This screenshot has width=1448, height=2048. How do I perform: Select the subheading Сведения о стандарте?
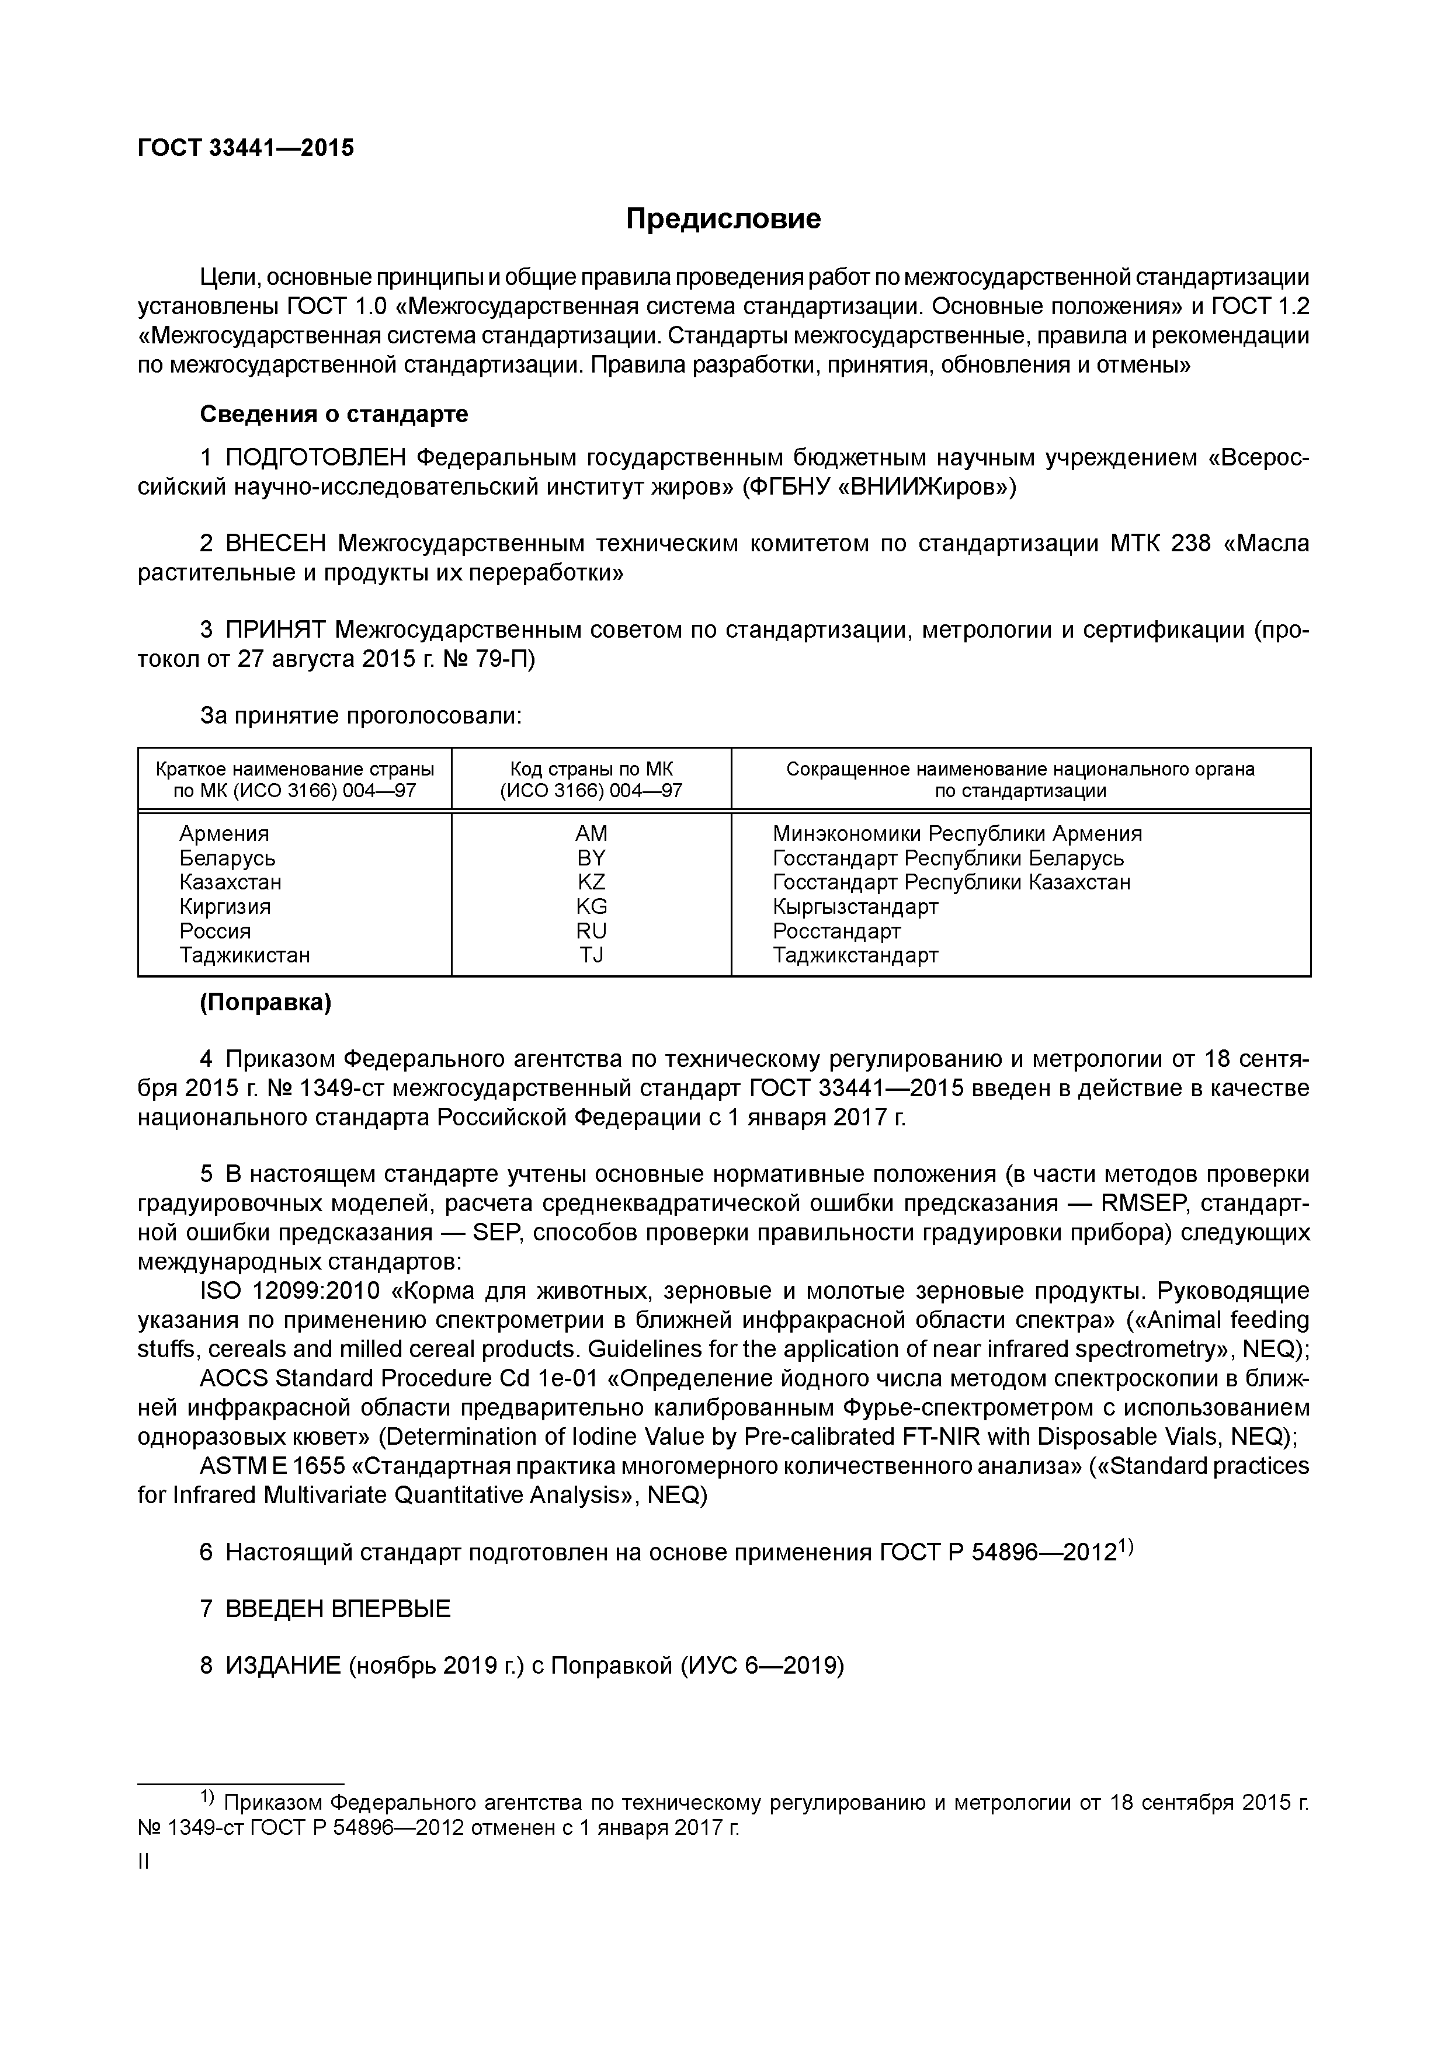pyautogui.click(x=334, y=415)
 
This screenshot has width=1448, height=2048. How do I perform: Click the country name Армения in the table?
pyautogui.click(x=224, y=834)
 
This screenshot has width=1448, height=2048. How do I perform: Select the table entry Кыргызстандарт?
pyautogui.click(x=855, y=907)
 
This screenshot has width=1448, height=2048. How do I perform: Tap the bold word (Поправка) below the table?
pyautogui.click(x=265, y=1003)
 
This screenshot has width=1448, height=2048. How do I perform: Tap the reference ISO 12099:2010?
pyautogui.click(x=290, y=1292)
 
